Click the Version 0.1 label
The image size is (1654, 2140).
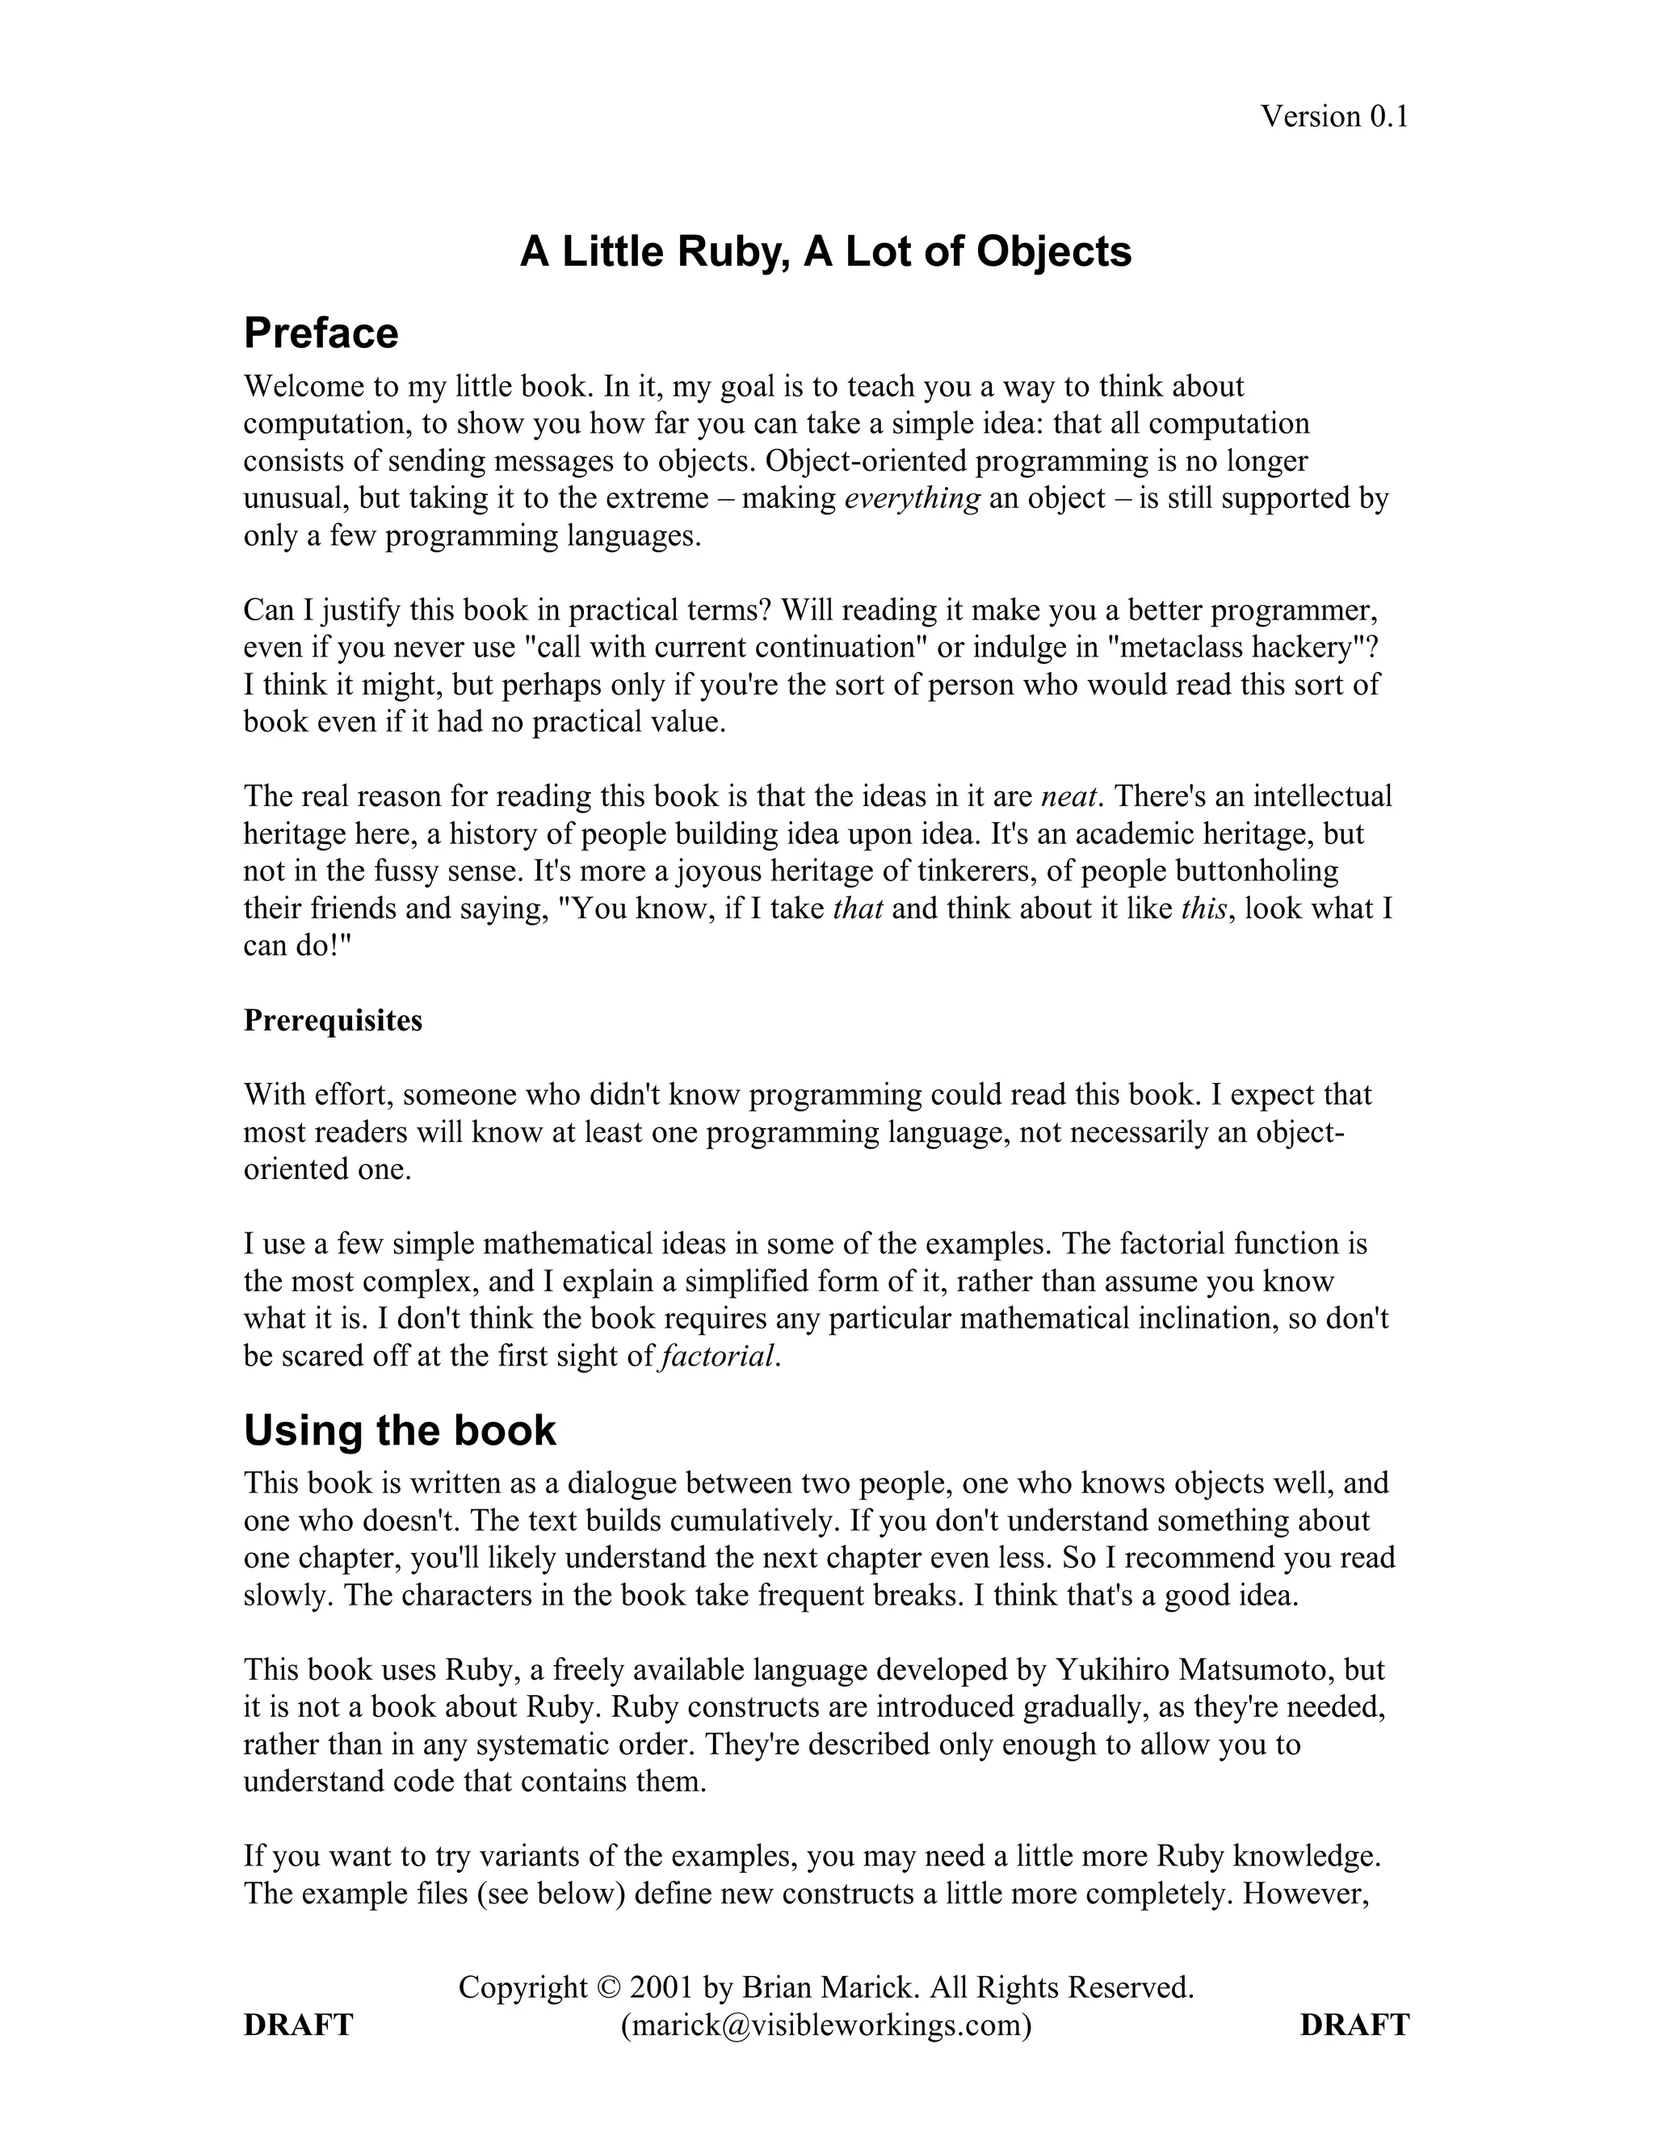(x=1333, y=116)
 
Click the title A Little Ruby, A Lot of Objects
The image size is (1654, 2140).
(x=825, y=252)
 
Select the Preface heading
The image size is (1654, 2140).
(x=321, y=334)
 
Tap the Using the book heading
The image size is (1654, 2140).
(x=399, y=1431)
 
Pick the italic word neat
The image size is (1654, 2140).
(x=1067, y=796)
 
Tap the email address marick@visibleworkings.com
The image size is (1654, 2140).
(x=826, y=2025)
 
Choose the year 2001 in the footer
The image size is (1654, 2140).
(x=661, y=1987)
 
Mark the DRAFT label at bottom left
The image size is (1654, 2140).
(x=298, y=2025)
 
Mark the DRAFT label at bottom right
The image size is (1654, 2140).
(x=1354, y=2025)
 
